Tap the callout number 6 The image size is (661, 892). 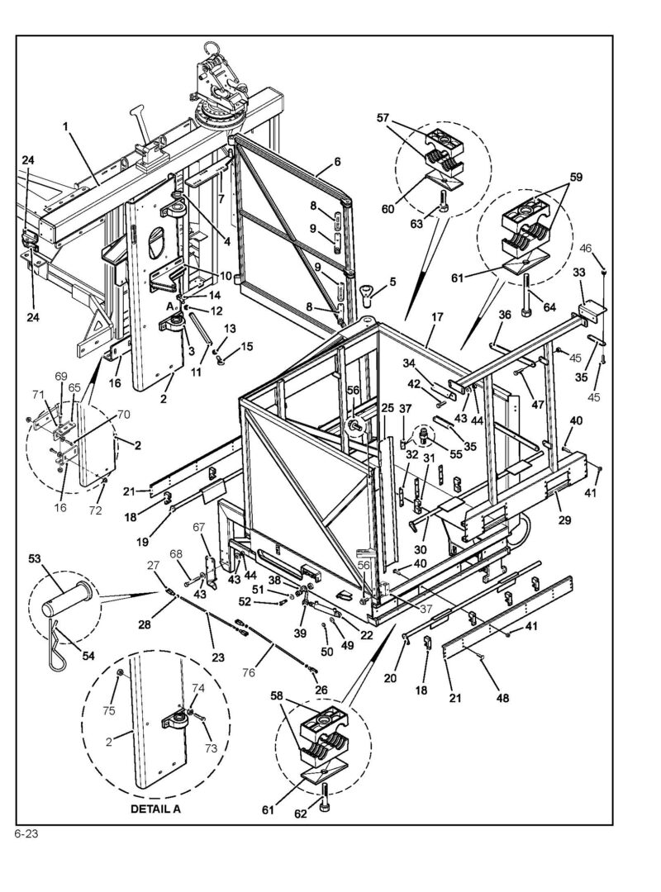337,162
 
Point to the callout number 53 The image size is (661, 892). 35,560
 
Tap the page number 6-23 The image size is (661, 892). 26,833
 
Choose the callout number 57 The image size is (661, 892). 383,118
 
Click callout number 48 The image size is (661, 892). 502,698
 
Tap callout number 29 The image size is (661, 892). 565,520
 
